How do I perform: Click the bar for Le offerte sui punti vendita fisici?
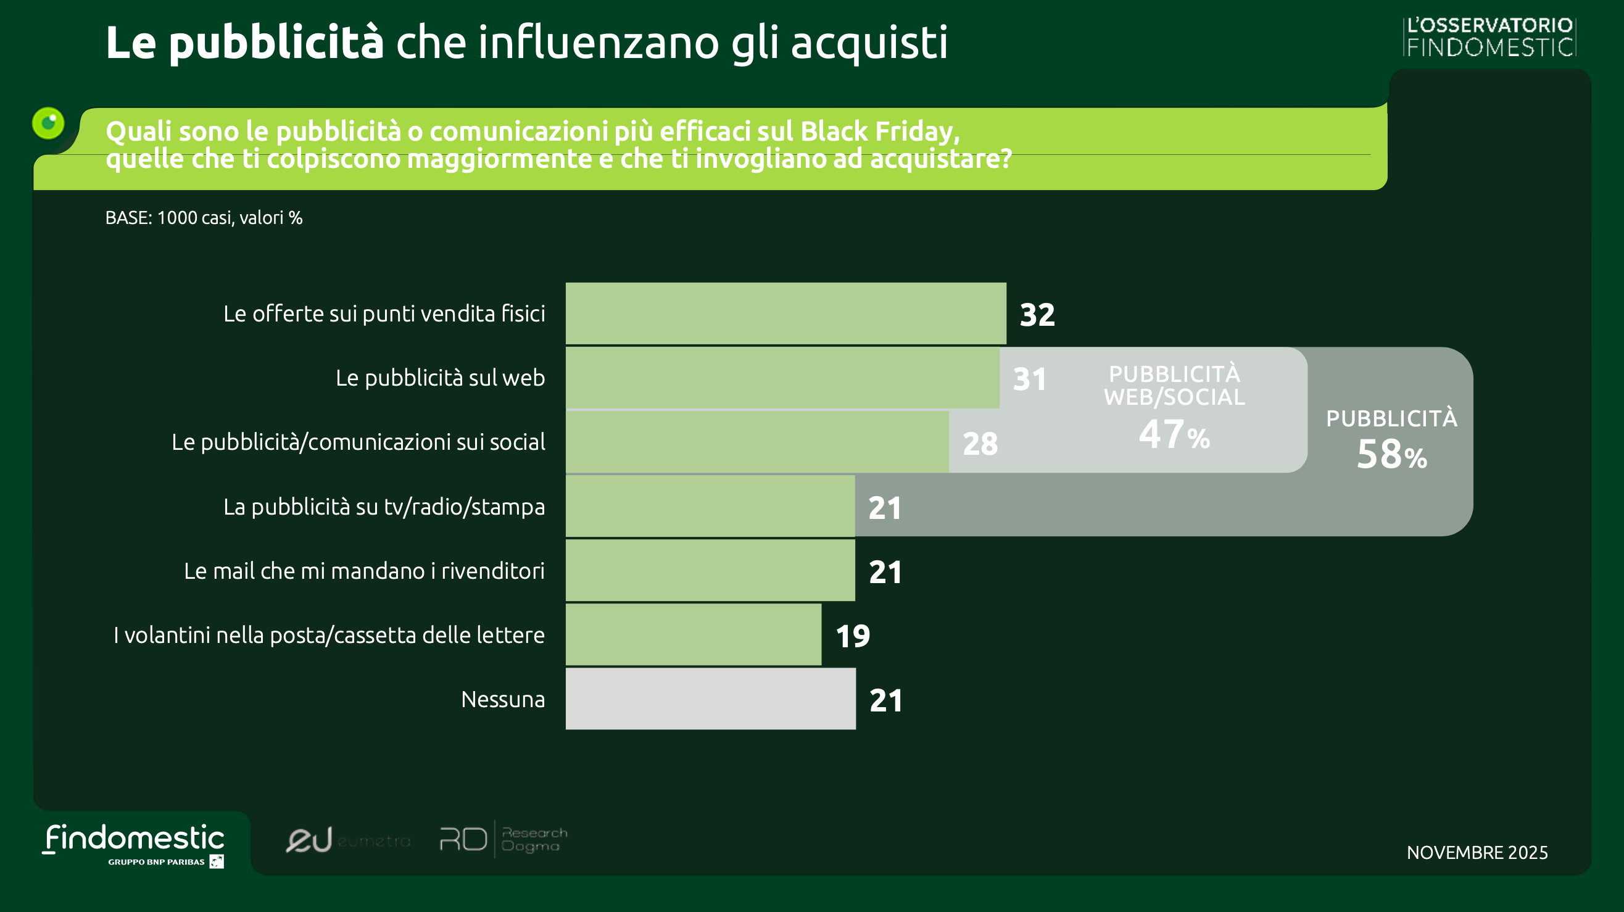click(x=785, y=313)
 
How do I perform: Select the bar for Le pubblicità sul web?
click(x=782, y=378)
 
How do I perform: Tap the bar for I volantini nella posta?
click(x=693, y=635)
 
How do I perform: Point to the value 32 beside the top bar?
click(x=1037, y=315)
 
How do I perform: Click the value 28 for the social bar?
click(x=980, y=444)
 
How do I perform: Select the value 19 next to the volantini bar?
click(x=852, y=636)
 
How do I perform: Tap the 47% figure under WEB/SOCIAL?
click(x=1174, y=435)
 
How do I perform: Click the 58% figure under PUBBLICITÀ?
click(x=1391, y=455)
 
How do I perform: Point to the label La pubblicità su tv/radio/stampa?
click(x=384, y=507)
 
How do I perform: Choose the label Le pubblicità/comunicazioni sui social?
click(x=358, y=442)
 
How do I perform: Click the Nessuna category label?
click(x=502, y=700)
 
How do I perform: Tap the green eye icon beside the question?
click(x=49, y=123)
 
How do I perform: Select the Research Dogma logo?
click(x=503, y=840)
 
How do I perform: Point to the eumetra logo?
click(x=347, y=840)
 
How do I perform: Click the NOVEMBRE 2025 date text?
click(x=1477, y=853)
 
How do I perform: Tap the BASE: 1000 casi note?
click(x=204, y=218)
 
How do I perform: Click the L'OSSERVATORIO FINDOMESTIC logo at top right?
click(x=1489, y=37)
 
